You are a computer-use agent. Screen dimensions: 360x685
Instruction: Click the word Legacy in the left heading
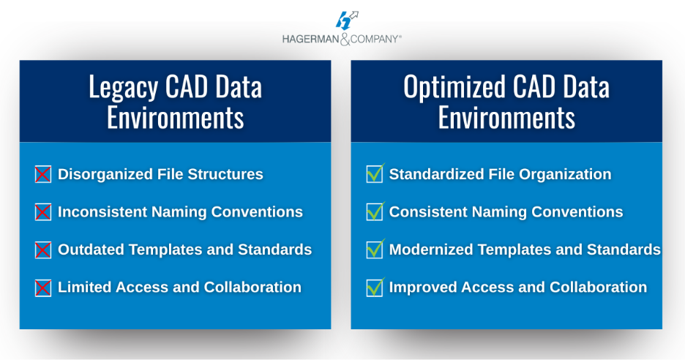(123, 88)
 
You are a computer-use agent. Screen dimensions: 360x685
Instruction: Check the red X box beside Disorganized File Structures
(43, 174)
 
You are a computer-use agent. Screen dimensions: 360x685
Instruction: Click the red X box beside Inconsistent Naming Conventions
(43, 212)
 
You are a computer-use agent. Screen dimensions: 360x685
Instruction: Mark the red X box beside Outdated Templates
(43, 250)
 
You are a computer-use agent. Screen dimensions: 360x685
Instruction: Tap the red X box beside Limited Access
(43, 288)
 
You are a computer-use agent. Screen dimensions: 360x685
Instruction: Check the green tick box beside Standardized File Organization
(375, 174)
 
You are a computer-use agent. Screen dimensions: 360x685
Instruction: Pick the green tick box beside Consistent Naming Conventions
(375, 212)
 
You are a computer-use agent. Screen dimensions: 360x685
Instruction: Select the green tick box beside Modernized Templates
(375, 250)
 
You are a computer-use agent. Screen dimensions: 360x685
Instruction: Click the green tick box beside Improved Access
(375, 288)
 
